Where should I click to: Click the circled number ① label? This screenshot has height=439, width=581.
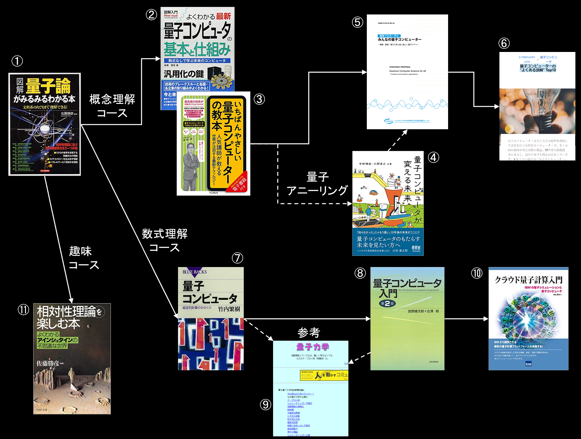point(17,61)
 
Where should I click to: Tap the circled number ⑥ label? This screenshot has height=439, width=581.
point(504,43)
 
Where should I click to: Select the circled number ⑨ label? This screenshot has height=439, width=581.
point(265,404)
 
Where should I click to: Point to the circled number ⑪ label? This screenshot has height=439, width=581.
point(23,309)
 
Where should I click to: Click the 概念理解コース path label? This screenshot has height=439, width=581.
point(112,106)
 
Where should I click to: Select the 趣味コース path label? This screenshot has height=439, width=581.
point(83,258)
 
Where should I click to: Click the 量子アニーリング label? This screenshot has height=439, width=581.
point(317,184)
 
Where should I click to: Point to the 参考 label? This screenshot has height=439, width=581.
point(309,333)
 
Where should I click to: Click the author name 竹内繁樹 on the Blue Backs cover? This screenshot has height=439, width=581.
point(229,309)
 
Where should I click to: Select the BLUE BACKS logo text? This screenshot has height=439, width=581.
point(194,272)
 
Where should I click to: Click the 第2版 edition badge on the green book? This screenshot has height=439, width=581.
point(387,304)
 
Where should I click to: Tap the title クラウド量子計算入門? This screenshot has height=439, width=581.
point(528,280)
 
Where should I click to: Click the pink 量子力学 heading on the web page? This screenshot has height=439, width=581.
point(313,347)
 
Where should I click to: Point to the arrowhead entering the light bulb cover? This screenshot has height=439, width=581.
point(496,107)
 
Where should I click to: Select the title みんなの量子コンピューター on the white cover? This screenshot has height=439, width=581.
point(399,39)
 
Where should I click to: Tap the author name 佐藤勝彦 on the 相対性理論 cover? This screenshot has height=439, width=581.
point(48,363)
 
